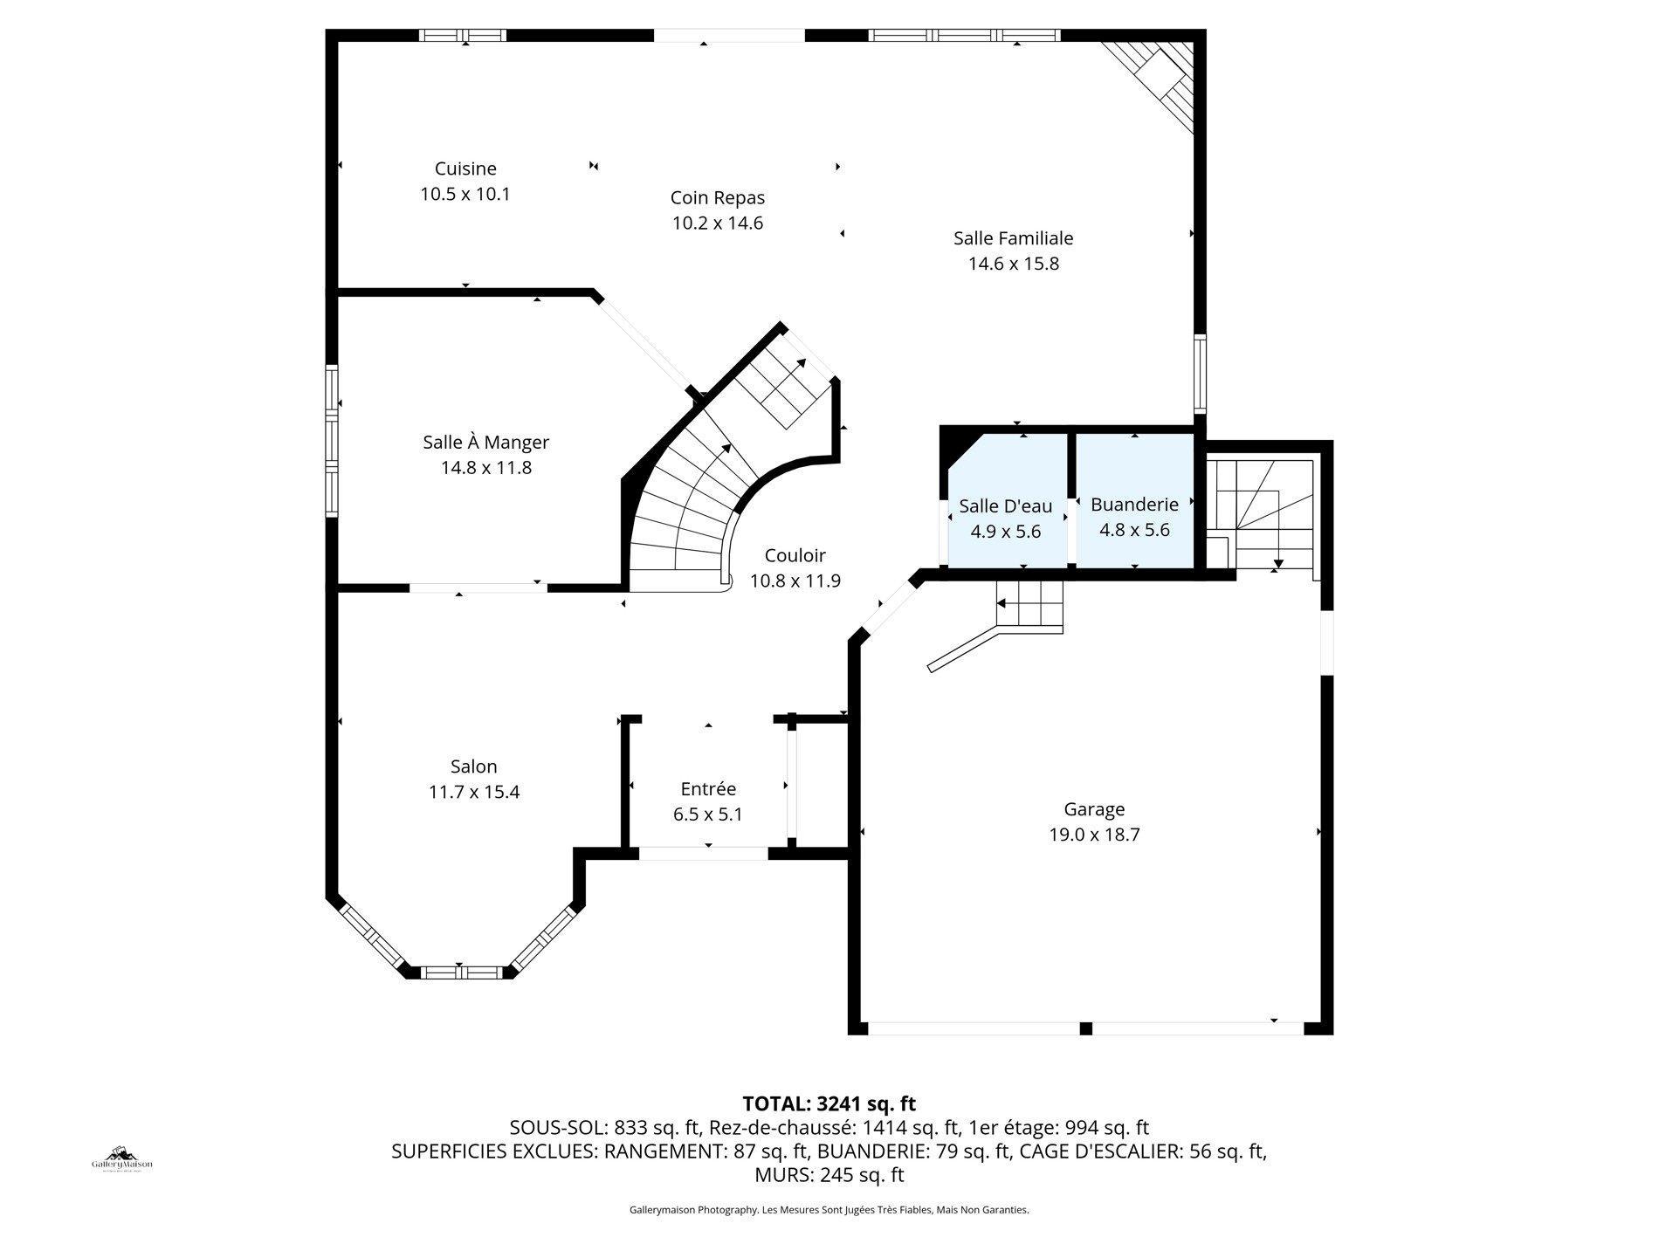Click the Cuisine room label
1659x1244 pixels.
click(x=465, y=168)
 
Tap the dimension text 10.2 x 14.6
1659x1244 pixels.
click(x=717, y=223)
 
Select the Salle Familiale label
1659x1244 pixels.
click(x=1013, y=238)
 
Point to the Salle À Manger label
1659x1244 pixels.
click(x=485, y=443)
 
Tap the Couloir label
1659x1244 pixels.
click(x=795, y=556)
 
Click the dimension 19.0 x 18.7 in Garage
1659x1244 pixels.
click(x=1094, y=835)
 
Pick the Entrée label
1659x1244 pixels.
click(x=708, y=789)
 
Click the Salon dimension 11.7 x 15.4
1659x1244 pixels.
click(x=473, y=793)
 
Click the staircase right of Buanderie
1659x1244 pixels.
click(x=1262, y=515)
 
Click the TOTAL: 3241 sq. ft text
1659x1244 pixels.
click(x=828, y=1103)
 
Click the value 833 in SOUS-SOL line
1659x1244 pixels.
click(x=630, y=1127)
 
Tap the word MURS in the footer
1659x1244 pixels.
click(x=782, y=1175)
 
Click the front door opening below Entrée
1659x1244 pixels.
click(x=704, y=853)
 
